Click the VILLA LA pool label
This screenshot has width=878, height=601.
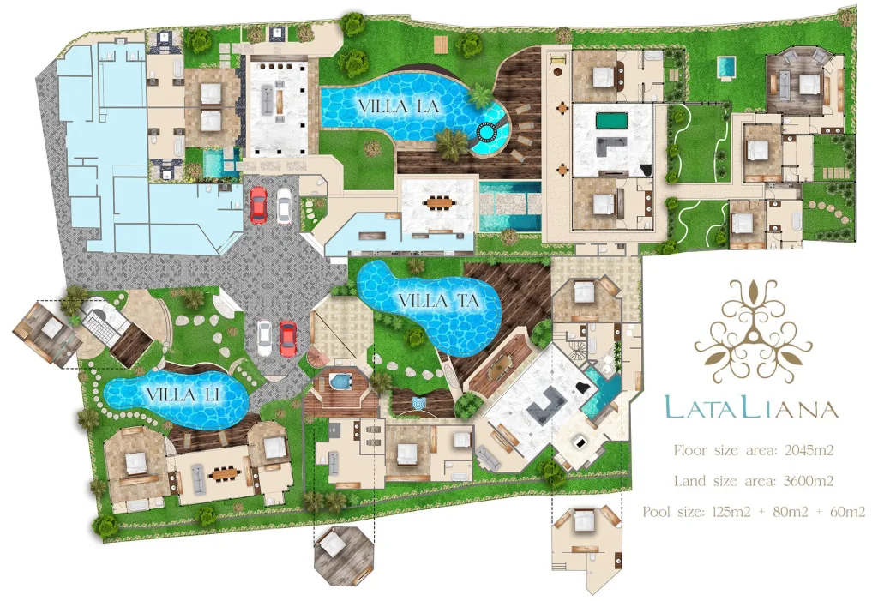coord(398,106)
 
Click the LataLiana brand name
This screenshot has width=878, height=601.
coord(751,408)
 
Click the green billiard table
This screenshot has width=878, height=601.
coord(612,120)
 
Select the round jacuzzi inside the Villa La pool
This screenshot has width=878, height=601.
coord(486,132)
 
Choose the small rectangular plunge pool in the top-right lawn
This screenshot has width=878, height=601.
coord(726,67)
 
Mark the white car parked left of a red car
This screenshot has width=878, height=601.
coord(264,337)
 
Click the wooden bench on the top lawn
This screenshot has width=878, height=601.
coord(441,44)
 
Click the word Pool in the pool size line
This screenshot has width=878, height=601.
coord(656,511)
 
